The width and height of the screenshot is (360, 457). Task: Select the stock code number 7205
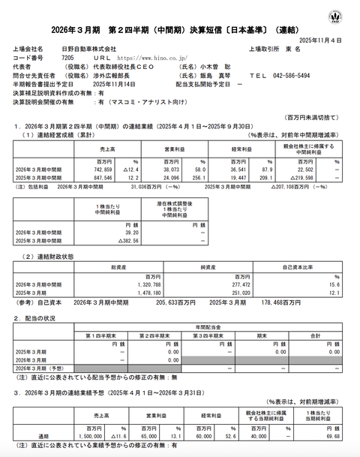click(x=67, y=56)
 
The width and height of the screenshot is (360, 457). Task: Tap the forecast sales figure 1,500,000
click(x=100, y=434)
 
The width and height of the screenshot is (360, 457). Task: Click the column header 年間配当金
click(x=208, y=326)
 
